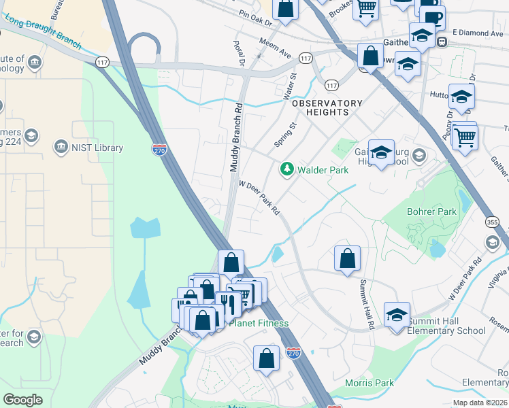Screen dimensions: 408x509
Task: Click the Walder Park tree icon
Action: [287, 169]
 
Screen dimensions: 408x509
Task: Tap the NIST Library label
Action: [97, 148]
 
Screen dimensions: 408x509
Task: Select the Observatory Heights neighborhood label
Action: [327, 107]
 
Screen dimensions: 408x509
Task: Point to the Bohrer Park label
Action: [431, 212]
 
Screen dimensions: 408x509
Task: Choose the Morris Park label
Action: [370, 384]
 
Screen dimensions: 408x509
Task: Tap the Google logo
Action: [22, 400]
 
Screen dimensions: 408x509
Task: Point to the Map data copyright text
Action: [478, 402]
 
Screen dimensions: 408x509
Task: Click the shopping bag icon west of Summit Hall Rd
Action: [347, 260]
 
